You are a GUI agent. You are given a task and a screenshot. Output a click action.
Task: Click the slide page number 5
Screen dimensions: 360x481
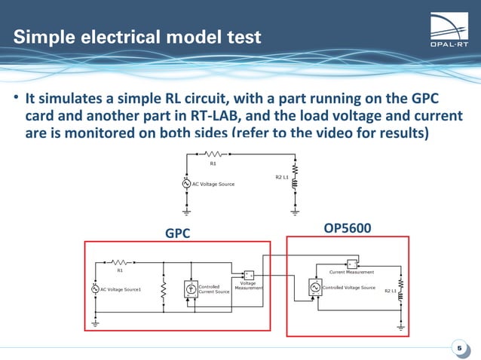458,347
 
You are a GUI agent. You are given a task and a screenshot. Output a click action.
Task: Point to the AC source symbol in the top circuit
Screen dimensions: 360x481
186,183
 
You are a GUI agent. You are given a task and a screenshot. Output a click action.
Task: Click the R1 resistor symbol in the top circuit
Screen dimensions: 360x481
213,155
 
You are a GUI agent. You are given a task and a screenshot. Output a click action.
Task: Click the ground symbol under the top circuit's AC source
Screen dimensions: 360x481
186,212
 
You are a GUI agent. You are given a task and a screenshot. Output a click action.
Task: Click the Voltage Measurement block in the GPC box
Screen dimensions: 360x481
249,273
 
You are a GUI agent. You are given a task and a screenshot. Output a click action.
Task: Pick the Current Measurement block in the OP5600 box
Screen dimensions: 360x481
351,264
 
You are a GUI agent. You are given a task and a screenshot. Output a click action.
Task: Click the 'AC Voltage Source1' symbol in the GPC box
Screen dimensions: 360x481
95,289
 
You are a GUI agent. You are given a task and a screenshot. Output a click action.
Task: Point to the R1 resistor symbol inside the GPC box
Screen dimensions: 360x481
120,261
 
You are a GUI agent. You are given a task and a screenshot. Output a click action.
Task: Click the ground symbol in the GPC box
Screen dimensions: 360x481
95,322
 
